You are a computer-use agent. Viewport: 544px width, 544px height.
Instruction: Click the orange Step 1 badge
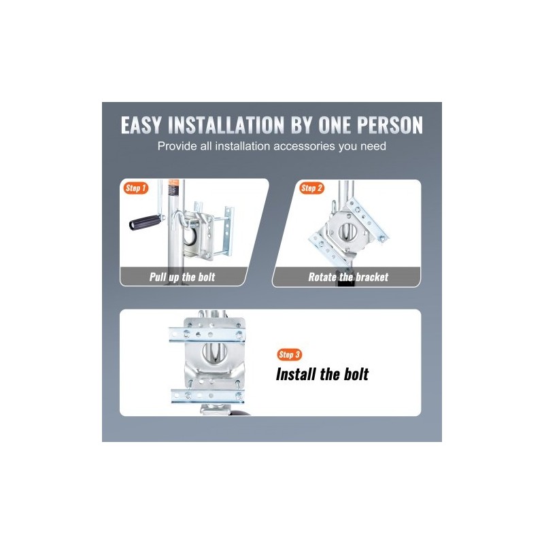tap(135, 188)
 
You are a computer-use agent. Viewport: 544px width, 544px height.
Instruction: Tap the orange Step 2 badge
tap(311, 188)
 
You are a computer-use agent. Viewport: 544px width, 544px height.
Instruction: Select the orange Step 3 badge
tap(290, 354)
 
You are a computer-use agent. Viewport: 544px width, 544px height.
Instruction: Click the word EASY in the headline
tap(141, 125)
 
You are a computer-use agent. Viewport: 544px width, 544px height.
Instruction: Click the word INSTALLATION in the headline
tap(226, 125)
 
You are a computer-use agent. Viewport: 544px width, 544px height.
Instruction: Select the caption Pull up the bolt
tap(182, 277)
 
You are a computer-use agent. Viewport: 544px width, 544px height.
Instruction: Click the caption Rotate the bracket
tap(348, 277)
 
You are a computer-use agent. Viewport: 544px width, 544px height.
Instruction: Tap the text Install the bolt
tap(322, 375)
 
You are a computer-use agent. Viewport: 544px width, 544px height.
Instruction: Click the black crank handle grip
tap(146, 222)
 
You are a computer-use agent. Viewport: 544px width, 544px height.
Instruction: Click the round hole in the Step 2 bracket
tap(347, 231)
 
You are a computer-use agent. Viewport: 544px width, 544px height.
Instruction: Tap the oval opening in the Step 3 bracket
tap(214, 352)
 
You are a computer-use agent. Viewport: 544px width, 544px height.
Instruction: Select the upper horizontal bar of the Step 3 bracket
tap(207, 335)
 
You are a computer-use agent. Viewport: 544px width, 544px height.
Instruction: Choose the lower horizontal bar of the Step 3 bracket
tap(207, 396)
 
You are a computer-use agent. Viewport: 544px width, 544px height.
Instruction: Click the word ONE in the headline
tap(335, 125)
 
